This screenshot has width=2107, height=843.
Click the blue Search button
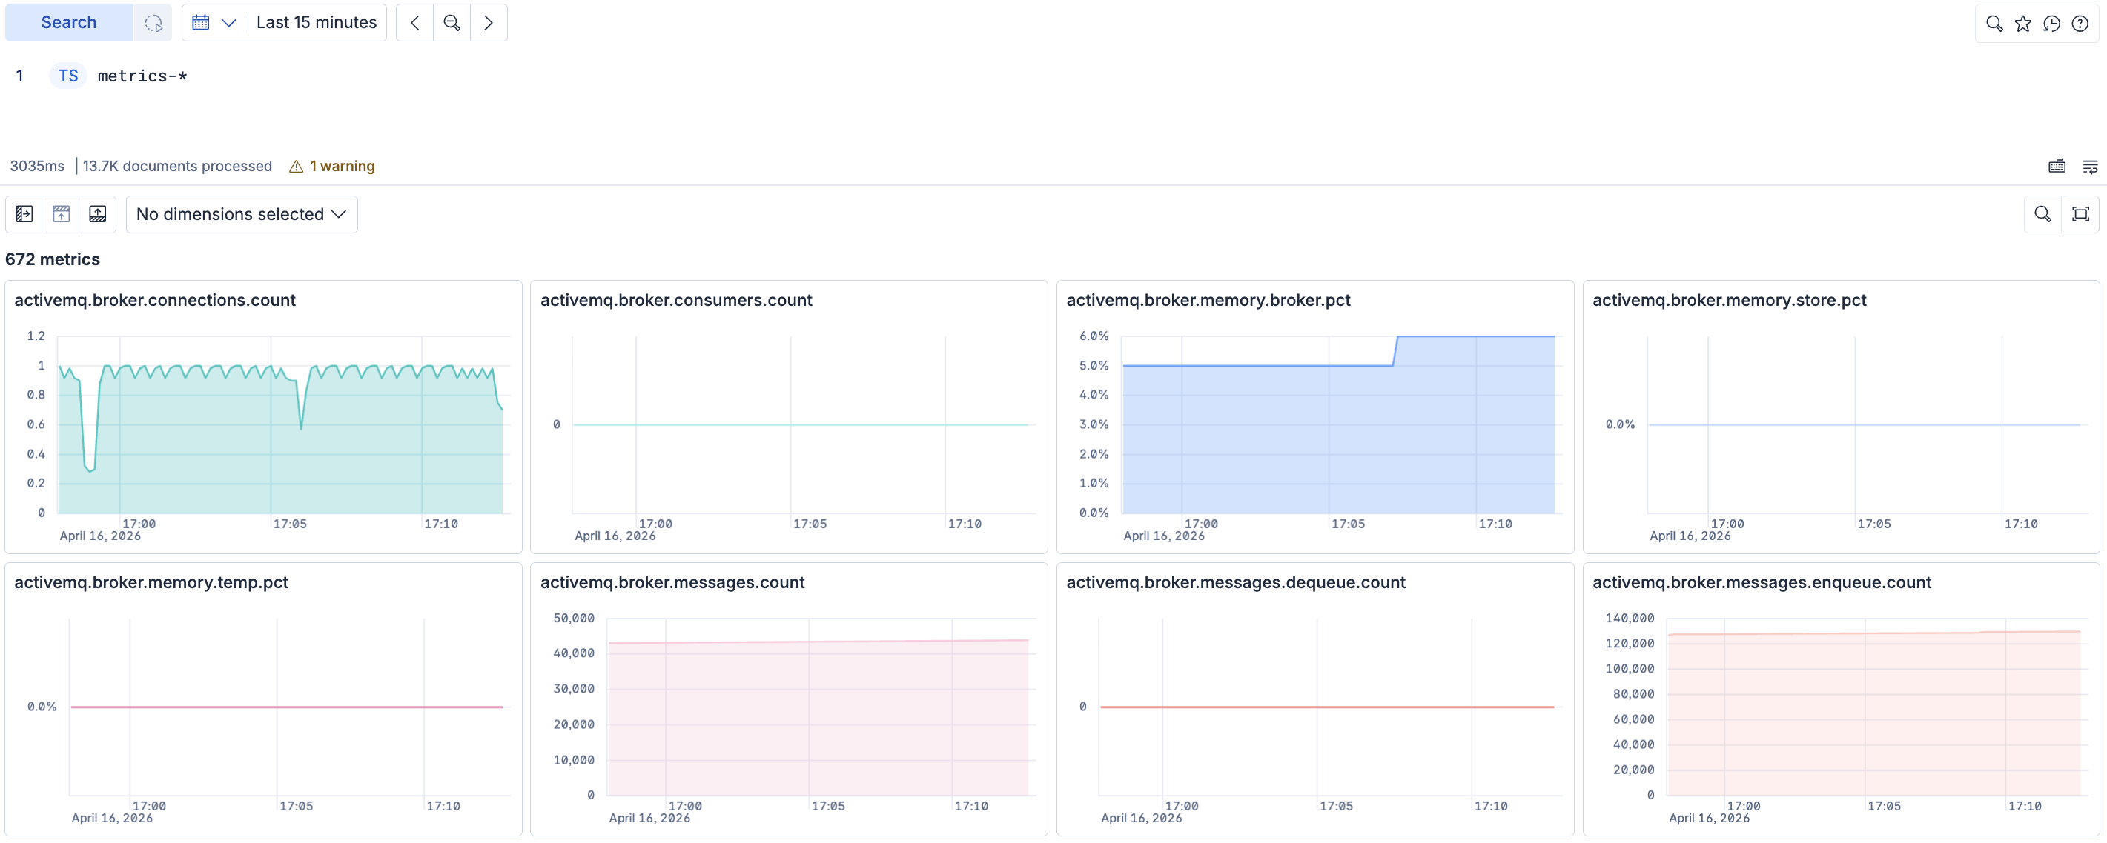click(x=69, y=23)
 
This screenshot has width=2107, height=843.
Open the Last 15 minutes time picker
click(x=316, y=23)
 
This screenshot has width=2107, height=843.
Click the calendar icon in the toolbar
click(x=200, y=23)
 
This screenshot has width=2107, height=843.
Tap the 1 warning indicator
click(x=332, y=166)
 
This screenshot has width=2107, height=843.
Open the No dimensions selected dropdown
click(x=241, y=214)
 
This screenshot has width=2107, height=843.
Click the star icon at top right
click(x=2022, y=24)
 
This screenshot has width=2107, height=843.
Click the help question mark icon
click(x=2080, y=24)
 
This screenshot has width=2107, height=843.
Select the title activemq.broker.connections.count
click(x=155, y=300)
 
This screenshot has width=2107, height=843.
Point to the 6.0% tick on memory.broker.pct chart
click(x=1094, y=336)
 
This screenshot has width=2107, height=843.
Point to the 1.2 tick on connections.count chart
click(x=36, y=336)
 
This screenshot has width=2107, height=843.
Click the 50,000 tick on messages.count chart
click(x=573, y=618)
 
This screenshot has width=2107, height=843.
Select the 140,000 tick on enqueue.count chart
click(x=1630, y=618)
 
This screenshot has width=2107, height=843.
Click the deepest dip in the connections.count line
click(x=90, y=471)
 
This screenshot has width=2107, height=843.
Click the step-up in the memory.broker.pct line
click(x=1395, y=351)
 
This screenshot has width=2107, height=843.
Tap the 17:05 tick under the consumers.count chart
click(x=809, y=524)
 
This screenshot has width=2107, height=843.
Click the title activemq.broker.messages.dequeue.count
click(x=1235, y=582)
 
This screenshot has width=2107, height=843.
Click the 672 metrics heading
click(x=53, y=259)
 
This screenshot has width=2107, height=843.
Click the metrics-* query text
click(x=142, y=76)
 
